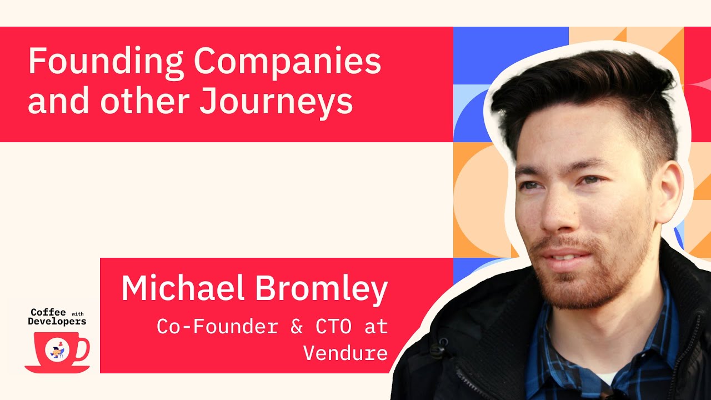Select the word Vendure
345,353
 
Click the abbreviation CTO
333,327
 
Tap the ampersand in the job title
297,327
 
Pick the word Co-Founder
217,327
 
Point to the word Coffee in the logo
48,312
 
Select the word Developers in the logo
57,321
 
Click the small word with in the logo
78,313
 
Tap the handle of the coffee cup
83,348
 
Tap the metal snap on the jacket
439,350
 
